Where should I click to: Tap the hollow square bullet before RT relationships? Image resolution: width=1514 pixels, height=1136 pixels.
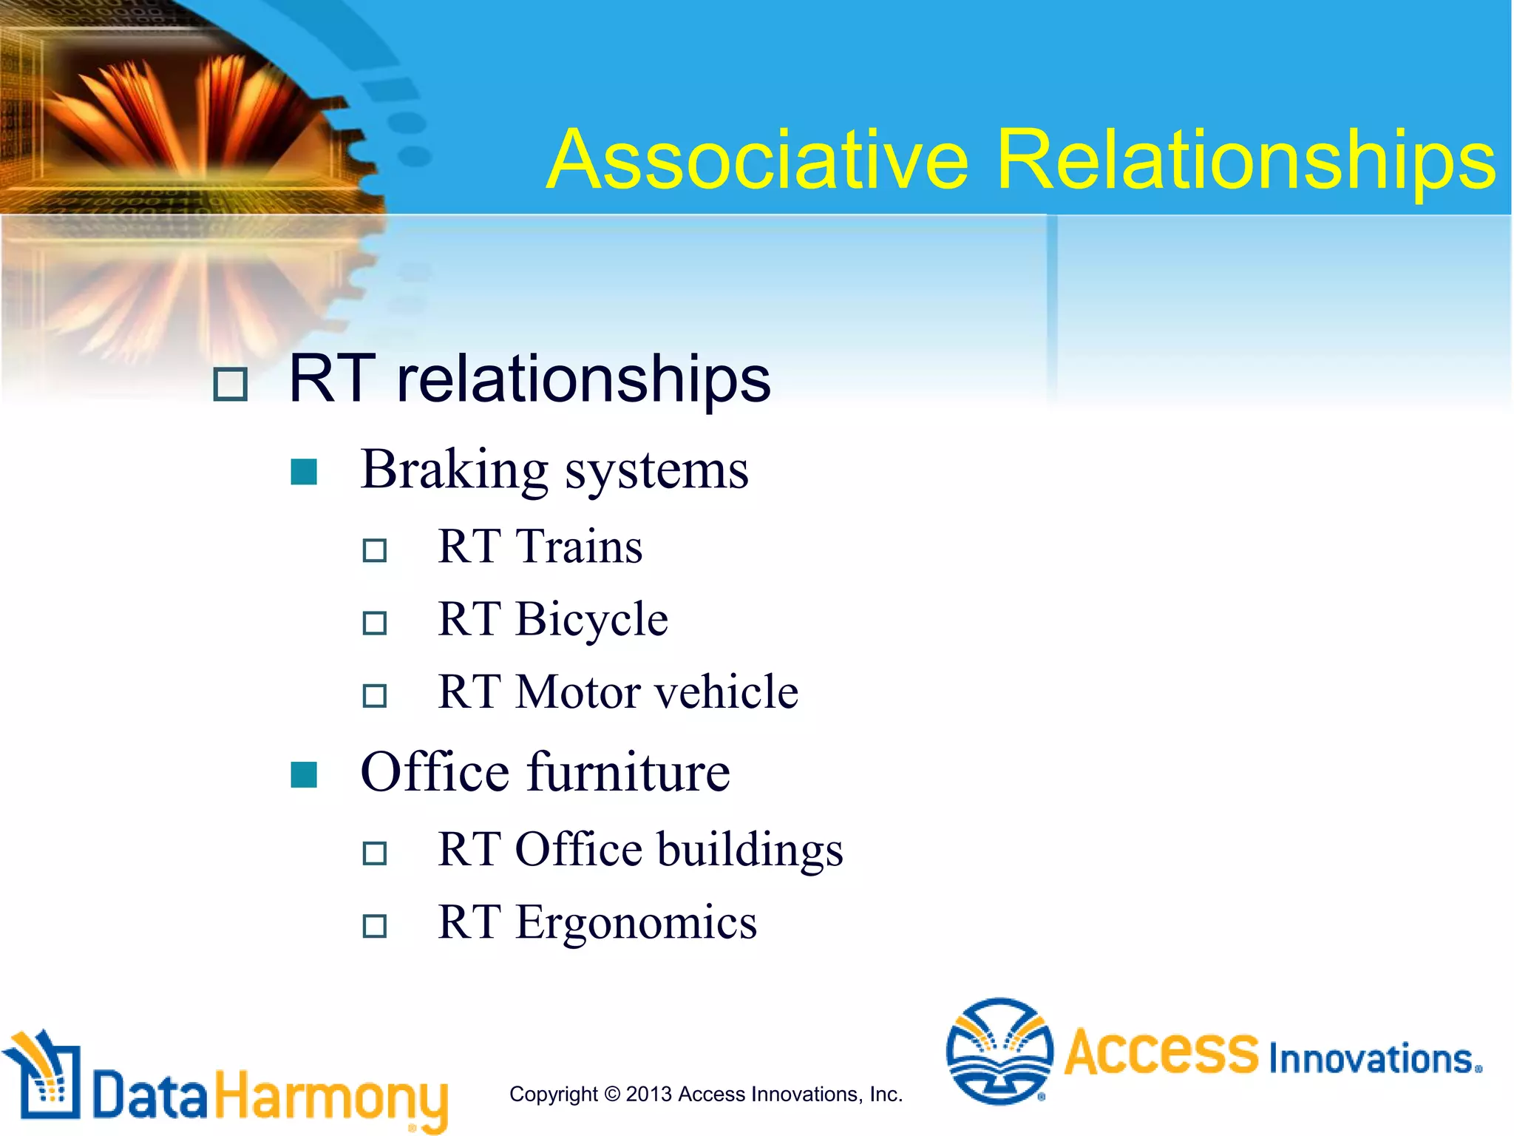point(230,385)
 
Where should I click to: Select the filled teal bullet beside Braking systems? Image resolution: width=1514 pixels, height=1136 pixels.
point(304,472)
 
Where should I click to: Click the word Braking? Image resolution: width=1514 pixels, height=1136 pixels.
point(454,470)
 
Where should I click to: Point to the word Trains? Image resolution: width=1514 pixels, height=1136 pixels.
point(579,547)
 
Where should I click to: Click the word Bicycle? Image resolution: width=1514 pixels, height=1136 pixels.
point(591,620)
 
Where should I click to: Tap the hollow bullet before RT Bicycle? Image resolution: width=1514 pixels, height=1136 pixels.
point(375,623)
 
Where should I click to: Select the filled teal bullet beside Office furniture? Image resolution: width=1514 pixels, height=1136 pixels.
point(304,774)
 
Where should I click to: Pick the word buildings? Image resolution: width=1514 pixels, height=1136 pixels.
point(750,850)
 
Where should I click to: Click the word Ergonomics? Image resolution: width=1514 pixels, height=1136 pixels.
point(636,923)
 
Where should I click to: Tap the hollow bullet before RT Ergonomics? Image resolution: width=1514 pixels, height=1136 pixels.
point(375,926)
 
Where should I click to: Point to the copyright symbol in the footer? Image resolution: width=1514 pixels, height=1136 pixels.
point(612,1094)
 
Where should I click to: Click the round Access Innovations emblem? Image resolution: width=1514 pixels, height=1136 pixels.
point(999,1051)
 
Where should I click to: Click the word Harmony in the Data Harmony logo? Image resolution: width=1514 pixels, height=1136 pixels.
point(331,1097)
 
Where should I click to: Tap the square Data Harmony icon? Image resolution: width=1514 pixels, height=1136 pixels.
point(44,1077)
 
